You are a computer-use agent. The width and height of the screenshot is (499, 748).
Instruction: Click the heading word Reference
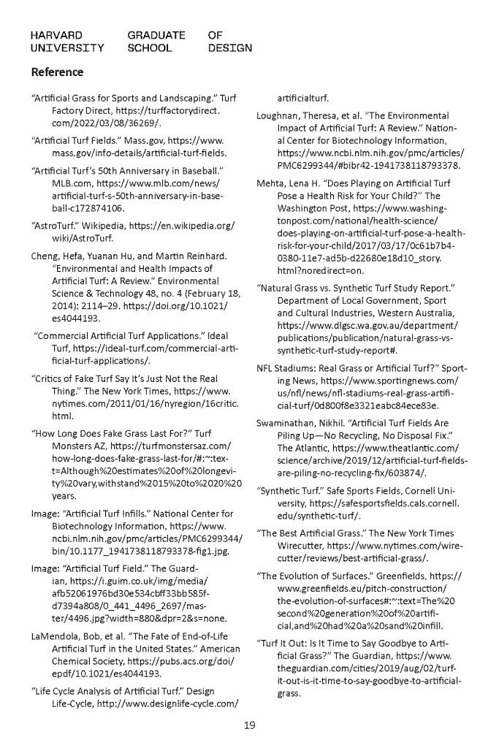point(57,72)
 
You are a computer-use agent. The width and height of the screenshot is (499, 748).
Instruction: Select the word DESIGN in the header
point(230,48)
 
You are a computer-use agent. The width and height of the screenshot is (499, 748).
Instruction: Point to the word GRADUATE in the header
point(156,34)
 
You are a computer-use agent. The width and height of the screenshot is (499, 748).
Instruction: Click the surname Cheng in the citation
point(45,255)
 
